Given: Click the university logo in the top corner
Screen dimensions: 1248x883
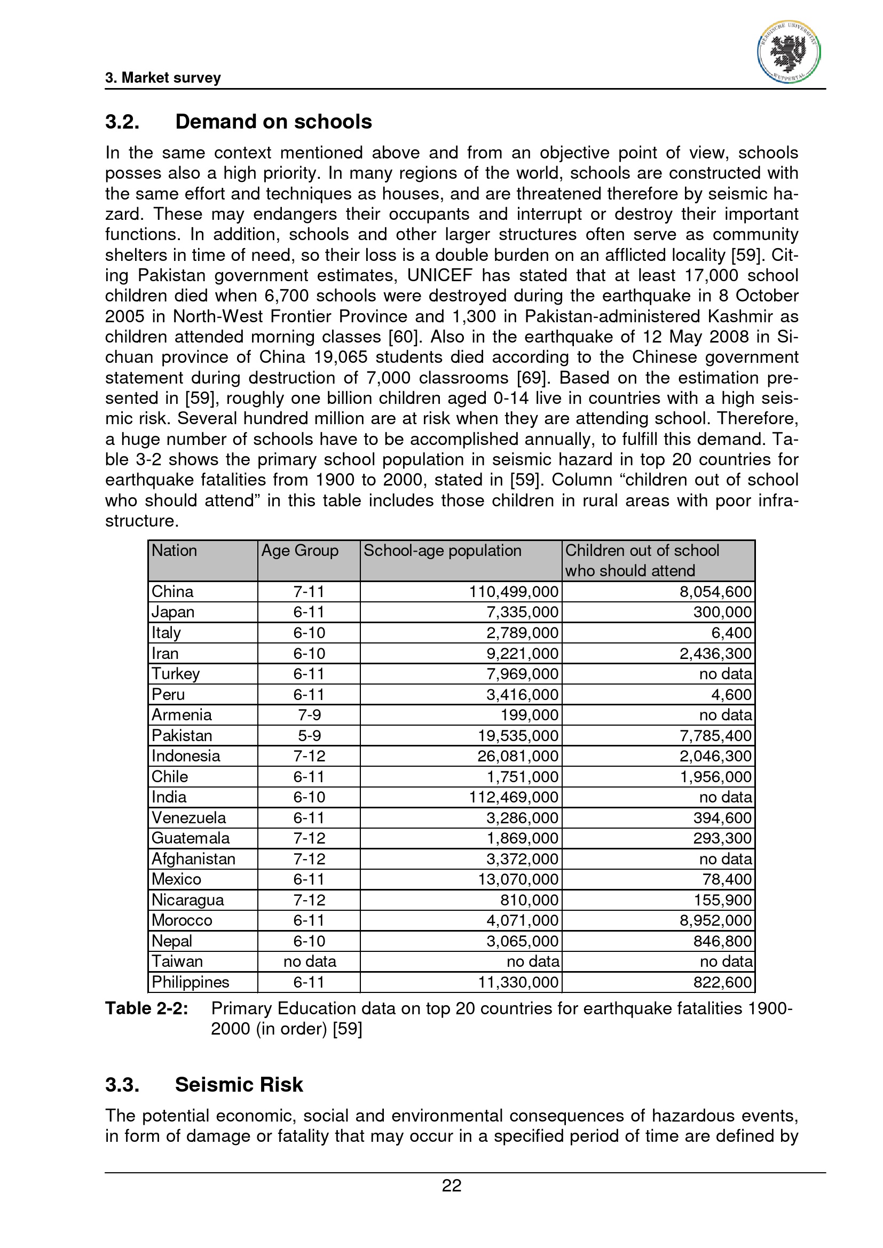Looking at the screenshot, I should click(789, 52).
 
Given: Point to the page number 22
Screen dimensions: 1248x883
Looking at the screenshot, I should click(451, 1186).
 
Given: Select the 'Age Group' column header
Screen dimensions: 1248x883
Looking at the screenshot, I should click(299, 551).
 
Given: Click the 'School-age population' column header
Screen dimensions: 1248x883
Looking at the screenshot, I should click(442, 551).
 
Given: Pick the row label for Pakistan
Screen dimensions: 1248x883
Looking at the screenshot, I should click(182, 735).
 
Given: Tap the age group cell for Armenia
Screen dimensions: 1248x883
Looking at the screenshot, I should click(309, 715).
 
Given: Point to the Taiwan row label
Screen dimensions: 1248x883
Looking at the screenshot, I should click(177, 961).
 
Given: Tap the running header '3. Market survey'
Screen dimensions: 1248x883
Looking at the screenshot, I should click(163, 78).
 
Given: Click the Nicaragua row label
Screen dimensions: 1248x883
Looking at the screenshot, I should click(187, 900).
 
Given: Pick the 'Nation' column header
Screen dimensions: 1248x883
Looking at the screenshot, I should click(174, 551).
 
